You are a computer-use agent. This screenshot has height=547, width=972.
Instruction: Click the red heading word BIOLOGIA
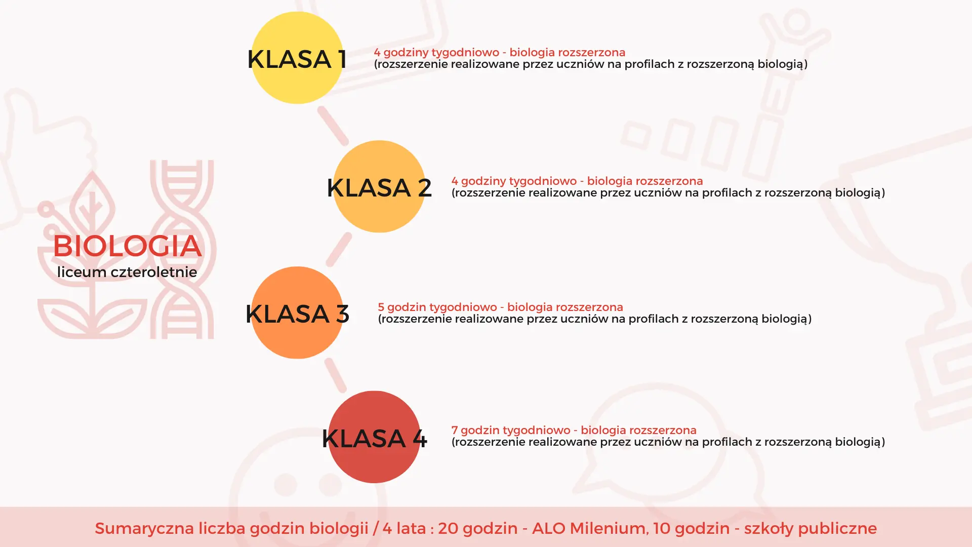(127, 246)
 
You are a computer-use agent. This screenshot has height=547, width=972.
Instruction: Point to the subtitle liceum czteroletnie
(127, 272)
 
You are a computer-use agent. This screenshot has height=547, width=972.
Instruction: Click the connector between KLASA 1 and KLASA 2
(333, 126)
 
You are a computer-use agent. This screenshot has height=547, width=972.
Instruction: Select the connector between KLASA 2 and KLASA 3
(339, 250)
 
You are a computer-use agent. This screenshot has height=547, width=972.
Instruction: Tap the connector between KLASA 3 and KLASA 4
(335, 375)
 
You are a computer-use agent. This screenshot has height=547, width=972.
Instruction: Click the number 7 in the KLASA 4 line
(455, 430)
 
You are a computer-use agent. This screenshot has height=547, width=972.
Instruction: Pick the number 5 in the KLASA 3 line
(381, 307)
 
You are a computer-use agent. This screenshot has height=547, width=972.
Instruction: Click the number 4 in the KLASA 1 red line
(377, 52)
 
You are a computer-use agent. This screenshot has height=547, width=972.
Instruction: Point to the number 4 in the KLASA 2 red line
(455, 181)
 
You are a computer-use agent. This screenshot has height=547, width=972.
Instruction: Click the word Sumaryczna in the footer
(144, 528)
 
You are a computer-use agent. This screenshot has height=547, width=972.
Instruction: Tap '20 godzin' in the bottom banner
(477, 528)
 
